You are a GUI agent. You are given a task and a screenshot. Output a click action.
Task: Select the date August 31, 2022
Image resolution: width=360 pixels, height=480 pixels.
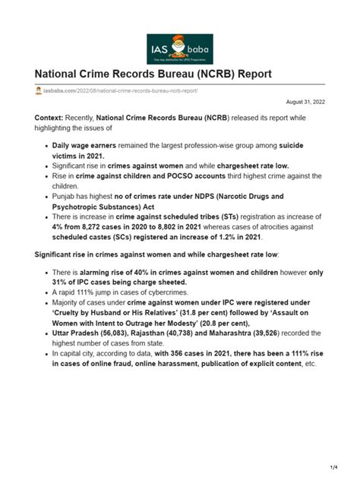click(x=305, y=101)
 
